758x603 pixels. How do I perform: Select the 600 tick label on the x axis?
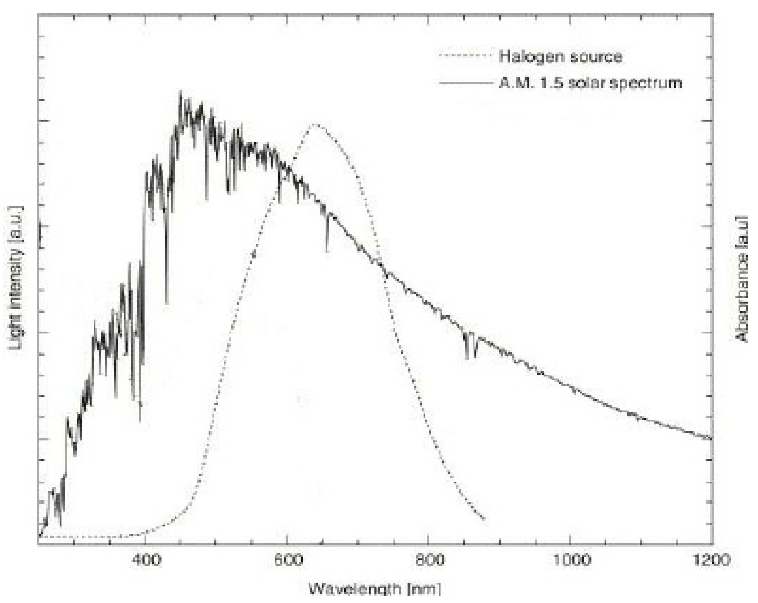[x=287, y=559]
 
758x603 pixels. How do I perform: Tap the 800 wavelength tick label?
[x=428, y=559]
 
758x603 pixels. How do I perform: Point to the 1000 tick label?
[x=570, y=559]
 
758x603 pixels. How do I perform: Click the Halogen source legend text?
[x=560, y=56]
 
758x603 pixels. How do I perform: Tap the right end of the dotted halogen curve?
[x=484, y=519]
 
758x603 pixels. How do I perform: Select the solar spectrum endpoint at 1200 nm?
[x=711, y=438]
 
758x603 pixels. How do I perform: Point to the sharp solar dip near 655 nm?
[x=327, y=250]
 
